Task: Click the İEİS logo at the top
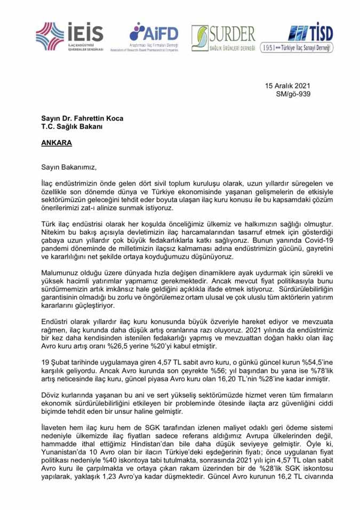click(69, 36)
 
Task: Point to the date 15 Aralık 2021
click(288, 85)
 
